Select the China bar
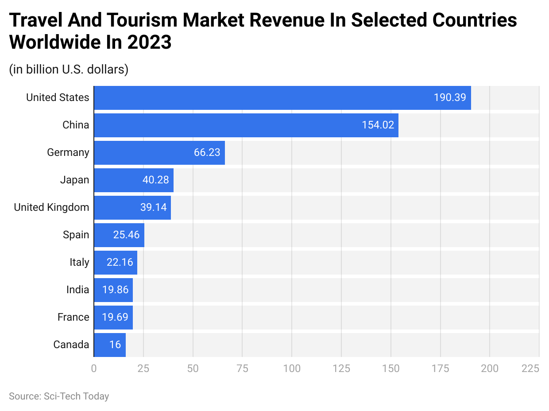point(246,125)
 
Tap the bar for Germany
point(159,153)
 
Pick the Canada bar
point(110,345)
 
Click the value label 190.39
point(450,98)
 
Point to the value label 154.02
point(378,125)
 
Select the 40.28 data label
point(156,180)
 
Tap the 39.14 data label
point(153,208)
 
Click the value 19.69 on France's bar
point(115,317)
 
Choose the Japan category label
point(74,180)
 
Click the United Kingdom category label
point(51,208)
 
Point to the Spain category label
point(76,235)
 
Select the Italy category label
point(79,263)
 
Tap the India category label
point(77,290)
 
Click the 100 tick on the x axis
point(292,368)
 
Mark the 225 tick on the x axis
point(530,368)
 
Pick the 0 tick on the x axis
point(94,368)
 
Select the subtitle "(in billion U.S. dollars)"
point(69,70)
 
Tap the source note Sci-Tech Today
point(59,396)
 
